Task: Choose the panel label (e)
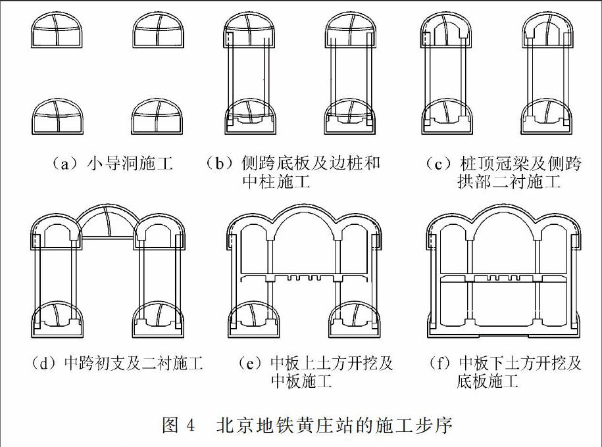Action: (249, 363)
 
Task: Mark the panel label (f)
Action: (439, 363)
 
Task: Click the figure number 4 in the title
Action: (190, 425)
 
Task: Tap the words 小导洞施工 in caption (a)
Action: (130, 164)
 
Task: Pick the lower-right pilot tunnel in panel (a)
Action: (157, 116)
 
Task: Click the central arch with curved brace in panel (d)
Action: (108, 222)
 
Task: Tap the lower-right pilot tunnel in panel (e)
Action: (355, 319)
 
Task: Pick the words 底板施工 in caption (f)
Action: (488, 381)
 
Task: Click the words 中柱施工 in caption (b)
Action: (276, 181)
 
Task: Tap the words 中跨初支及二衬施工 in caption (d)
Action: (134, 363)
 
